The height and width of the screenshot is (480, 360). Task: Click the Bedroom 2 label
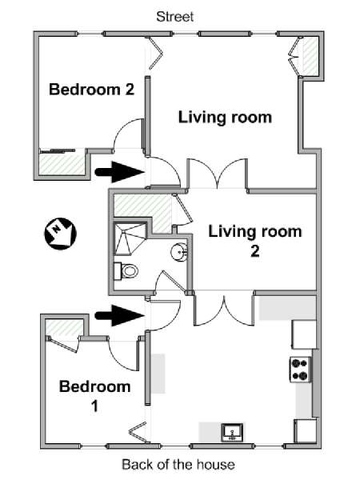91,90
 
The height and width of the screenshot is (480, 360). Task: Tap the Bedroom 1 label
95,396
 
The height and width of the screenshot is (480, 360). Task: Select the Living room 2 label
255,241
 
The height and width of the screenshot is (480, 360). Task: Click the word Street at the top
174,17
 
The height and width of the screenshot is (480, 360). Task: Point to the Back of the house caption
178,464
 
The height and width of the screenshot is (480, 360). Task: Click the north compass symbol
60,234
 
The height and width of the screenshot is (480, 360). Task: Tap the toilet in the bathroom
126,271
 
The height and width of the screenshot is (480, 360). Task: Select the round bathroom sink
179,252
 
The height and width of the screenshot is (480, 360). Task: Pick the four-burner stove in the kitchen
300,370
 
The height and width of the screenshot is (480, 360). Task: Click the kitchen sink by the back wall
232,432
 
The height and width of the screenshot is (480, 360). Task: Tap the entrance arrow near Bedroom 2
120,172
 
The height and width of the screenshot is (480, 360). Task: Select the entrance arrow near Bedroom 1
120,315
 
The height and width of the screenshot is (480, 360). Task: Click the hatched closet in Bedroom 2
62,165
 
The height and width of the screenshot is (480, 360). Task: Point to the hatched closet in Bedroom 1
64,327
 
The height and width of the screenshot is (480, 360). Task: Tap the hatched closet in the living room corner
310,56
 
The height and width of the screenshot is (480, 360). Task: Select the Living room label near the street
225,118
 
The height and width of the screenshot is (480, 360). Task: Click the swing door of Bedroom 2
128,134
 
